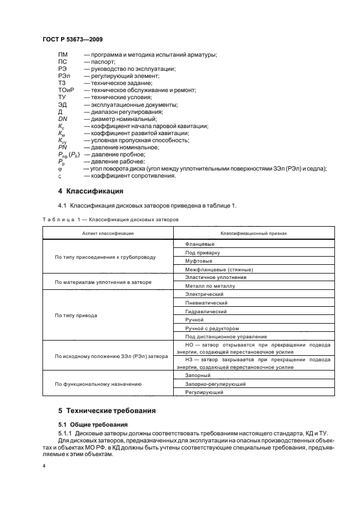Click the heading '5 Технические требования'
[x=107, y=410]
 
